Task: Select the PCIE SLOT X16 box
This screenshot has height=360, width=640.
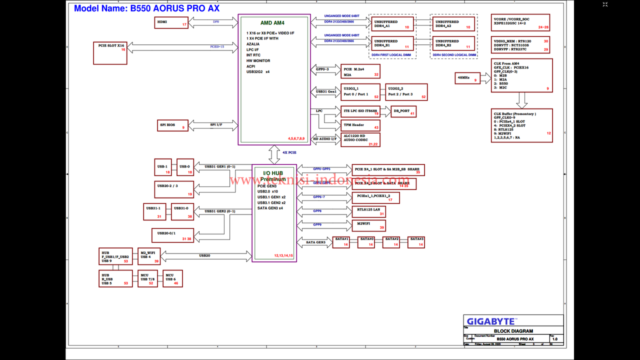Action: point(110,53)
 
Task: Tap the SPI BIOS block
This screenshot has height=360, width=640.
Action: point(172,125)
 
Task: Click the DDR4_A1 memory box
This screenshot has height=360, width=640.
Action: point(392,24)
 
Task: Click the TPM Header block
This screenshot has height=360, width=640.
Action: point(360,125)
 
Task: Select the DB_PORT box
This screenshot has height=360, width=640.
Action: point(403,111)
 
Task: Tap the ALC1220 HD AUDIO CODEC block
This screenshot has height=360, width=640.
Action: point(360,140)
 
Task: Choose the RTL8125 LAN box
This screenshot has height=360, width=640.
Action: point(368,211)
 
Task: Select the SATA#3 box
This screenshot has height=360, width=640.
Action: point(416,242)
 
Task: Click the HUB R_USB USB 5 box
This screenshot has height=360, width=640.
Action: point(115,279)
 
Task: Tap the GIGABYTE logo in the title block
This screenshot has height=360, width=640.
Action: point(490,321)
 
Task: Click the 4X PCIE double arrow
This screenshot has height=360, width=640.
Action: point(274,155)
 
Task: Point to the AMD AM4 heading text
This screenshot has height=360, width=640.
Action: point(272,23)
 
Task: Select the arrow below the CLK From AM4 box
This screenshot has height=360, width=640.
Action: point(522,100)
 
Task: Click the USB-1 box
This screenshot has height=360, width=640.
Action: point(163,167)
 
